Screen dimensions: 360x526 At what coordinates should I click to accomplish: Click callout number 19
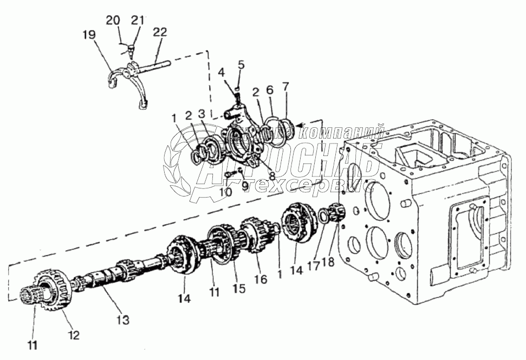89,35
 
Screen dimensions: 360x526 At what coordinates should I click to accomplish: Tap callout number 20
113,20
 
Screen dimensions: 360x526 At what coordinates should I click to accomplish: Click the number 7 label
285,86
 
